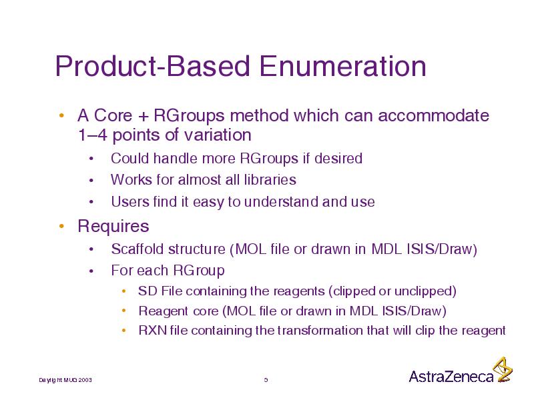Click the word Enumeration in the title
(342, 66)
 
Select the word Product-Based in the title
(153, 66)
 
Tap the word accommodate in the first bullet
(433, 115)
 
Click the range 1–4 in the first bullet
(92, 135)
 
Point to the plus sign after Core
(144, 116)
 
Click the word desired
(338, 159)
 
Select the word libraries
(266, 179)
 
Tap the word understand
(281, 202)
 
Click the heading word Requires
(113, 226)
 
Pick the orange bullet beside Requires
(61, 226)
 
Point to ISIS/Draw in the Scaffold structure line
(442, 249)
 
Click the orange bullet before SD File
(124, 291)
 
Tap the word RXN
(153, 330)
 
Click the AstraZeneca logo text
(451, 376)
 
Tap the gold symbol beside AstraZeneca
(503, 369)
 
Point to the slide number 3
(266, 380)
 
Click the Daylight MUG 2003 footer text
(65, 380)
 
